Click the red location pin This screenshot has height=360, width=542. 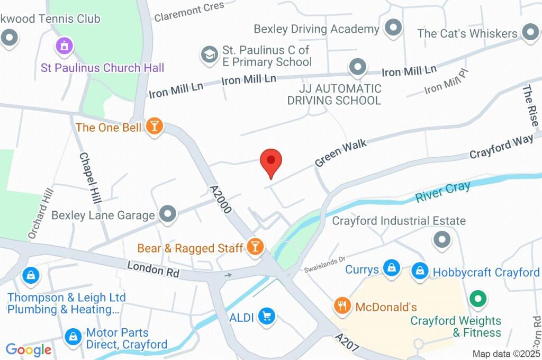tap(271, 161)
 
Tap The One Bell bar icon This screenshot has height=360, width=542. tap(155, 127)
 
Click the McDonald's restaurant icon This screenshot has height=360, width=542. tap(343, 306)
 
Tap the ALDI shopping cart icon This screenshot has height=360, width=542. tap(266, 317)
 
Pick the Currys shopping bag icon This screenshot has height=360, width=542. tap(391, 268)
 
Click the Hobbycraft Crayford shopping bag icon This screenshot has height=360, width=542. tap(420, 271)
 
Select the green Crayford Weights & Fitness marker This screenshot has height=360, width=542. tap(478, 299)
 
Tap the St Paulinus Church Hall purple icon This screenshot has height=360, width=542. tap(64, 44)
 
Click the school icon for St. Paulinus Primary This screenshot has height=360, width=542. tap(210, 54)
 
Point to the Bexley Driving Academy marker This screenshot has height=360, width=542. tap(393, 28)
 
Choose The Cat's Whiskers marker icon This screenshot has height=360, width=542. tap(529, 33)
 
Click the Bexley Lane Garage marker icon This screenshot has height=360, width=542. tap(168, 214)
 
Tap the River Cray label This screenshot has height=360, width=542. tap(443, 192)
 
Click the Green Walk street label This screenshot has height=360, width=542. tap(341, 154)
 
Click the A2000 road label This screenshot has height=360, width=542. tap(221, 200)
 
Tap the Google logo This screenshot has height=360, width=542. tap(29, 350)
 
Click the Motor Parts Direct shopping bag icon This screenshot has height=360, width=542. tap(72, 336)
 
